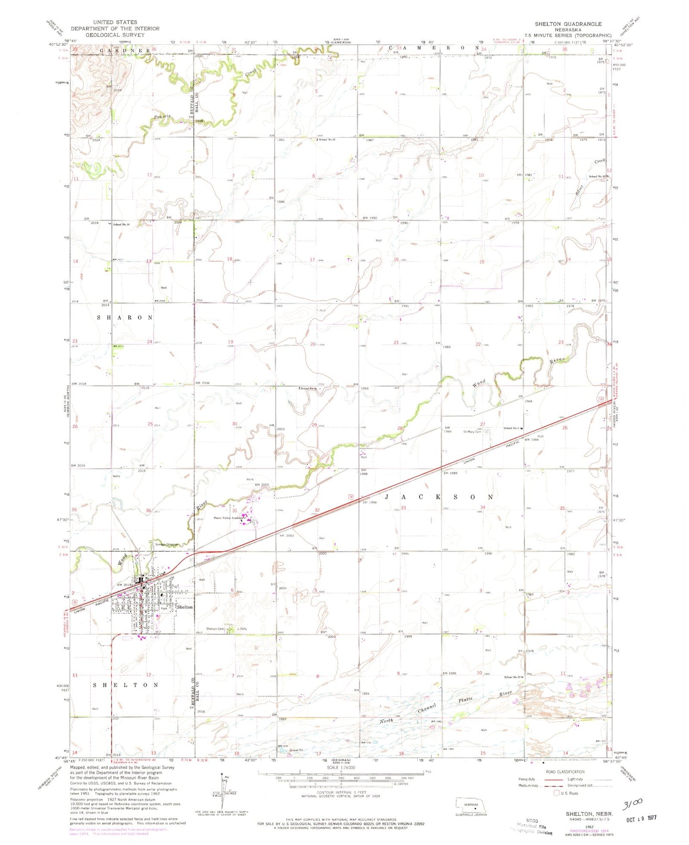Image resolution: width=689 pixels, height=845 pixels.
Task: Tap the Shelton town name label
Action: [185, 607]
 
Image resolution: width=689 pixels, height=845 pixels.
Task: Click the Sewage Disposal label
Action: [165, 545]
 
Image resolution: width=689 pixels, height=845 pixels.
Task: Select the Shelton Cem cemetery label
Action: [215, 629]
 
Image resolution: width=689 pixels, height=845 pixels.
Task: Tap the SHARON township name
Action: [125, 318]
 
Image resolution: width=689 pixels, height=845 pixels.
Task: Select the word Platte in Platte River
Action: [466, 700]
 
